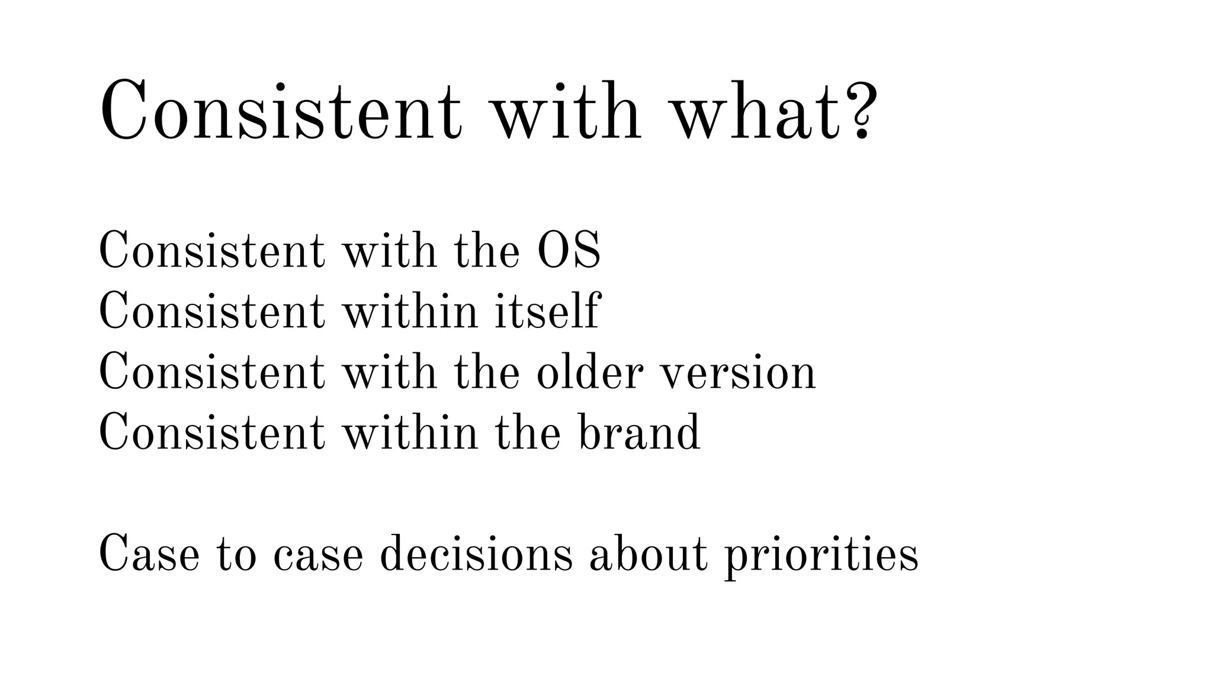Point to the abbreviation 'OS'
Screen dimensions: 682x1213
tap(569, 251)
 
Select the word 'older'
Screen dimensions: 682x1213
tap(589, 372)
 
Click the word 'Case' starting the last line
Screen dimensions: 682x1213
tap(149, 554)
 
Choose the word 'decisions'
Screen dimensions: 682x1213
tap(476, 554)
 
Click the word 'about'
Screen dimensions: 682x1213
tap(648, 554)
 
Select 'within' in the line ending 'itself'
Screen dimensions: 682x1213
tap(410, 311)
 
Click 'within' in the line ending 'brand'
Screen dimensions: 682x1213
tap(410, 432)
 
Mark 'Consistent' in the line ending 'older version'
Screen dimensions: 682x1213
tap(211, 372)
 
